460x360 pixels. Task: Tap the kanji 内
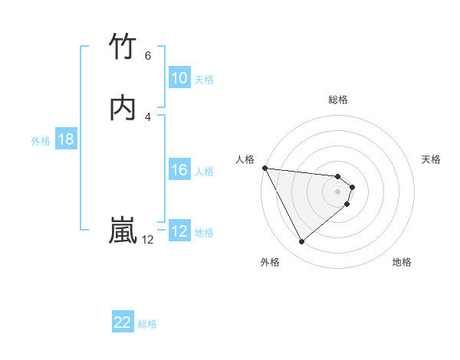pos(123,107)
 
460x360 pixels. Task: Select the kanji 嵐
pos(123,230)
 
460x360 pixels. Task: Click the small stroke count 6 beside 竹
pos(148,56)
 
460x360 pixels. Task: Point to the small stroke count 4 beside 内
pos(148,116)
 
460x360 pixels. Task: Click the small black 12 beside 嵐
pos(147,240)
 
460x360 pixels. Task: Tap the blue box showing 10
pos(179,78)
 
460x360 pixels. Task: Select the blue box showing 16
pos(179,170)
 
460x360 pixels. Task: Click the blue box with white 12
pos(179,231)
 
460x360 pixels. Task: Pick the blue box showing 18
pos(66,139)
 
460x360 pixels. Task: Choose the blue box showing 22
pos(123,323)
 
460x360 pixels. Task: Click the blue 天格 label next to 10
pos(204,79)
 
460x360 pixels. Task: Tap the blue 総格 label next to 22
pos(147,324)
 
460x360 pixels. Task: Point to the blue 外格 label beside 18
pos(41,140)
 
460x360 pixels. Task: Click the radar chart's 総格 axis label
pos(338,100)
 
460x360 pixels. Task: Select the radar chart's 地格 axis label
pos(402,262)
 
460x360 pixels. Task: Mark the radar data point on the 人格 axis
pos(264,168)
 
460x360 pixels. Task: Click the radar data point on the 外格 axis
pos(301,242)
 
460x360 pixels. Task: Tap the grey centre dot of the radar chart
pos(337,191)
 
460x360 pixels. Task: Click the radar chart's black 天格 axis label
pos(431,159)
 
